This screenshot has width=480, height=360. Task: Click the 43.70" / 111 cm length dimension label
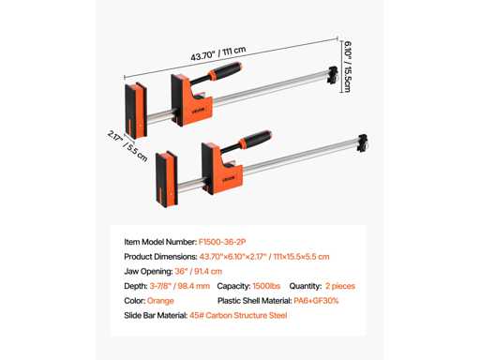[218, 53]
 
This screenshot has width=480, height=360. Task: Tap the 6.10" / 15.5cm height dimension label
[347, 67]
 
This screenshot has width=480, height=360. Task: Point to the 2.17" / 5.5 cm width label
[127, 145]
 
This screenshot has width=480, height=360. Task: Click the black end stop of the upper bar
[333, 75]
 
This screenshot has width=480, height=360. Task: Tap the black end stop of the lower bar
[363, 143]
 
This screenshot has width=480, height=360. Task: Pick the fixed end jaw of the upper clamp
[136, 111]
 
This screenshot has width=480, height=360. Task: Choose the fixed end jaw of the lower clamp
[167, 179]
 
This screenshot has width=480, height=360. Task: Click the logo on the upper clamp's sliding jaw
[199, 110]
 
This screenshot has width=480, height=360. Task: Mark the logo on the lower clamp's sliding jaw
[229, 178]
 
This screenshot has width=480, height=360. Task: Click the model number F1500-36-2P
[222, 242]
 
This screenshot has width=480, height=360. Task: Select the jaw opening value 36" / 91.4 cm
[199, 271]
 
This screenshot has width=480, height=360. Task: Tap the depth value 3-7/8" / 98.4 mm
[180, 286]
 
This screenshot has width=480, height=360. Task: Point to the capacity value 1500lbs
[266, 286]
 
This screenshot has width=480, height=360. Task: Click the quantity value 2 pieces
[340, 286]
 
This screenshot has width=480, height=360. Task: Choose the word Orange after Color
[160, 301]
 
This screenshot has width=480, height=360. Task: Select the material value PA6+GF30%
[316, 301]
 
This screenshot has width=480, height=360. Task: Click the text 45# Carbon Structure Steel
[238, 315]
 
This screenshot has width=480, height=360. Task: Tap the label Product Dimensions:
[160, 257]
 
